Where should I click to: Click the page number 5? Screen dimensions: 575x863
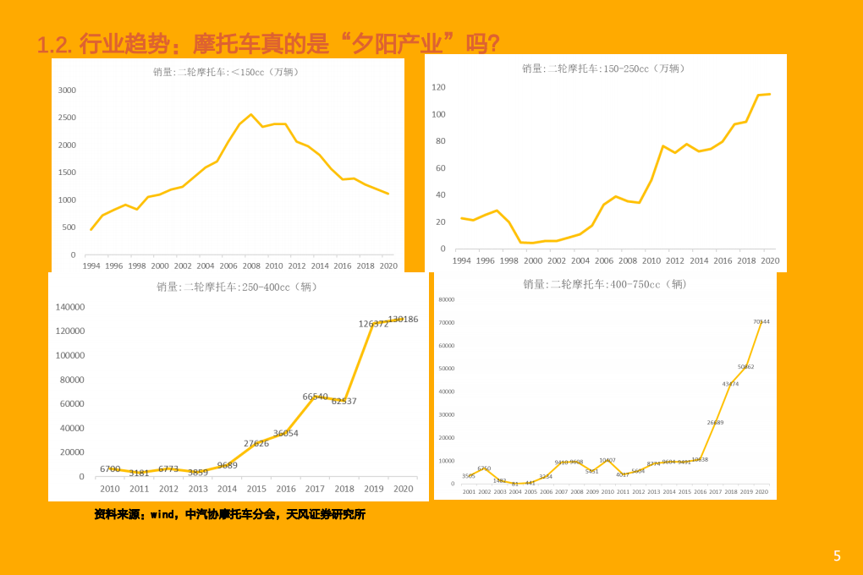837,556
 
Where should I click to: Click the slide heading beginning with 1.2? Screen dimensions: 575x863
269,42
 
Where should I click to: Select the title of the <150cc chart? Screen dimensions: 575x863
226,72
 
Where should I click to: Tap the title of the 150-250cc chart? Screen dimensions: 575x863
603,68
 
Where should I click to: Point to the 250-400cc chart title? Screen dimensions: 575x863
237,287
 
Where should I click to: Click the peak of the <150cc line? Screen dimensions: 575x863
250,114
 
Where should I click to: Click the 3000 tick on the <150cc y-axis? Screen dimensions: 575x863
67,90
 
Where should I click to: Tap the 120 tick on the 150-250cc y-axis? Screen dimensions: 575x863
438,87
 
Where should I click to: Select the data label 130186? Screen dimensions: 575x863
403,319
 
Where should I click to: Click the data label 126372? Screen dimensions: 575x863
373,324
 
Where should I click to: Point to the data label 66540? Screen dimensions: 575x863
315,396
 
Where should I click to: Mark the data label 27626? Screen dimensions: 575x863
256,443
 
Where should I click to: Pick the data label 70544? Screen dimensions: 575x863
761,321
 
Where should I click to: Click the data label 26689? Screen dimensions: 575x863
715,422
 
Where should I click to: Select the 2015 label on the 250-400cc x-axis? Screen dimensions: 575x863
256,489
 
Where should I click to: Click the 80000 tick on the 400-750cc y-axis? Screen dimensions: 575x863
446,299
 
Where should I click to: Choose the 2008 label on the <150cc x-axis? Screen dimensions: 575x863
251,266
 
